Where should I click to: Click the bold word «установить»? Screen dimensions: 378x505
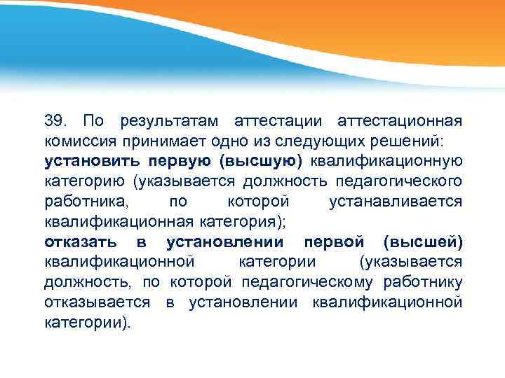tap(89, 161)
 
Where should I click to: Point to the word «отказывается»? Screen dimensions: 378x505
tap(97, 302)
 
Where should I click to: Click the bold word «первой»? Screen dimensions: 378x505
tap(333, 242)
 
